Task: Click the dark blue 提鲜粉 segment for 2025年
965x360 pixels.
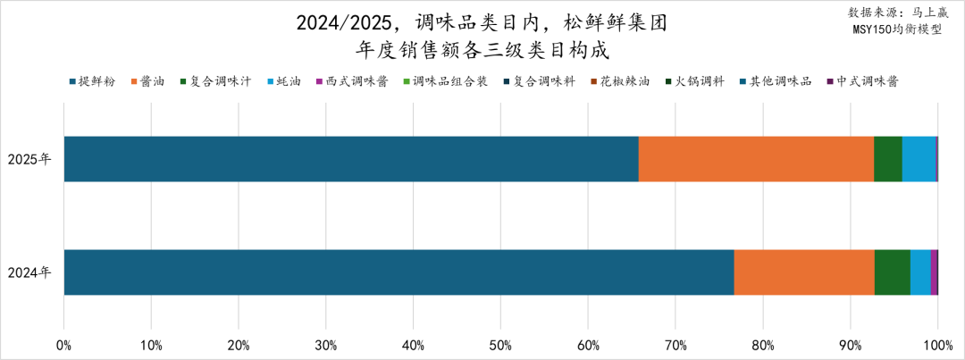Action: (x=351, y=159)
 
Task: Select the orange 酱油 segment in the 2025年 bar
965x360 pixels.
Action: (x=756, y=159)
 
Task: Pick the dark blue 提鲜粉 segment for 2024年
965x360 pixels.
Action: (x=399, y=272)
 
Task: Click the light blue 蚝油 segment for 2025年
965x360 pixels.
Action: (x=919, y=159)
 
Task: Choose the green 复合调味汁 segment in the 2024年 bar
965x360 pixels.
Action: (x=892, y=272)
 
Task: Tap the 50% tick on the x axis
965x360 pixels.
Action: (x=500, y=344)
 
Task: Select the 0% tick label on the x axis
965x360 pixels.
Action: (x=64, y=344)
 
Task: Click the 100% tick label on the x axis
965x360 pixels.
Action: (x=937, y=344)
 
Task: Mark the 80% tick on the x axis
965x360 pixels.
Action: (x=762, y=344)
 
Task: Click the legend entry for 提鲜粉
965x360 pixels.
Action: (x=93, y=81)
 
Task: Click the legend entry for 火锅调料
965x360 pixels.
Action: (x=697, y=81)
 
